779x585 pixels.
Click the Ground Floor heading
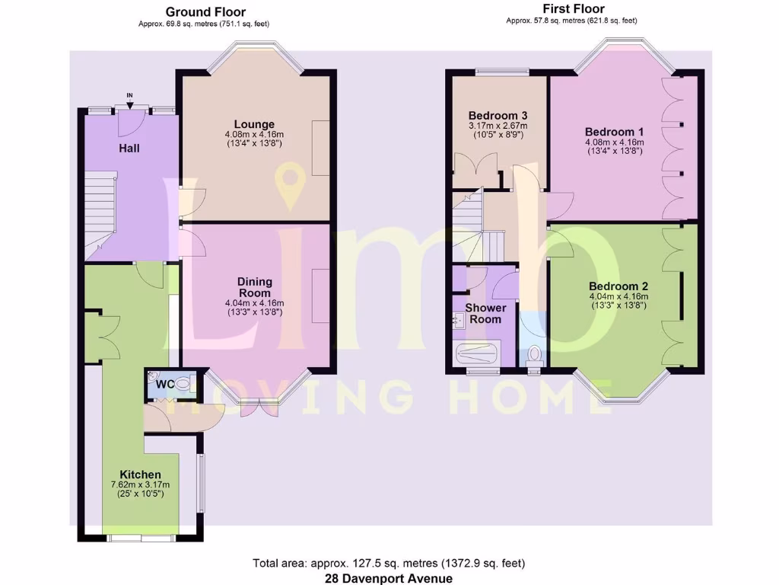pyautogui.click(x=205, y=11)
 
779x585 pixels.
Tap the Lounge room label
pyautogui.click(x=254, y=124)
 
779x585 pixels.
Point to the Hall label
pyautogui.click(x=129, y=148)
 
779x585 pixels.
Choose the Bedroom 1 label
pyautogui.click(x=614, y=130)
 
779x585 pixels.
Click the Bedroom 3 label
pyautogui.click(x=498, y=115)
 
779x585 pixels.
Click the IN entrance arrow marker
pyautogui.click(x=129, y=102)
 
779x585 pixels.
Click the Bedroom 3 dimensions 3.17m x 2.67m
pyautogui.click(x=498, y=126)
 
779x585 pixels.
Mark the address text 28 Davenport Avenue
pyautogui.click(x=389, y=578)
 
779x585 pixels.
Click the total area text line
pyautogui.click(x=389, y=564)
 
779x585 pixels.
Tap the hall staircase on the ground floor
pyautogui.click(x=98, y=213)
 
